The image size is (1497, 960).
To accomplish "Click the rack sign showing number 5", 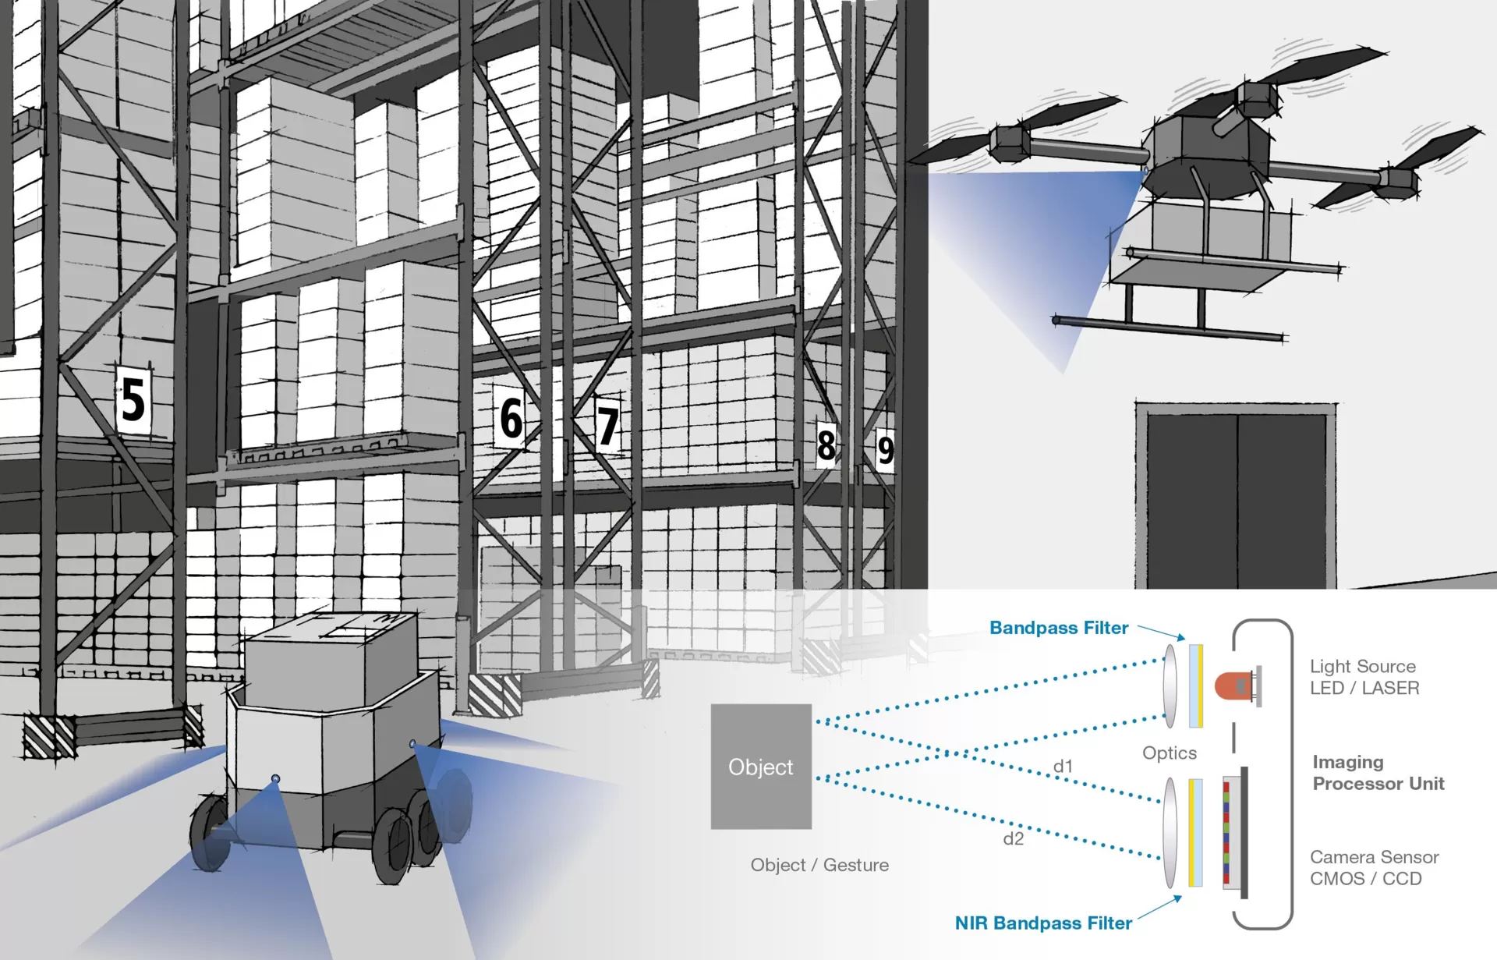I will click(133, 399).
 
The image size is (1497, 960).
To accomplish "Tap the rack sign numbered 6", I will click(511, 418).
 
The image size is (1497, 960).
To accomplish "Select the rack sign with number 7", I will click(607, 425).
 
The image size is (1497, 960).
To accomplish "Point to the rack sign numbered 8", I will click(826, 445).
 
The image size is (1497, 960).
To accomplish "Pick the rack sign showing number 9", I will click(885, 450).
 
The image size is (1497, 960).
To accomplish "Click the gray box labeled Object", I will click(761, 767).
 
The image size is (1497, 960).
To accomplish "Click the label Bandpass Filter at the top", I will click(1059, 628).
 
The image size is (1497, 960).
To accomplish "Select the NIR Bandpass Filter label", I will click(1043, 923).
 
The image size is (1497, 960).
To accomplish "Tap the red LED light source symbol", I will click(1233, 685).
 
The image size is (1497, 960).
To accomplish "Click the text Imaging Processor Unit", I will click(1378, 773).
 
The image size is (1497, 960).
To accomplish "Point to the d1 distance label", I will click(1063, 767).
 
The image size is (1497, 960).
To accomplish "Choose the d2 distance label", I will click(1013, 839).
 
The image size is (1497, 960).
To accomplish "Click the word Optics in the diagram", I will click(1169, 753).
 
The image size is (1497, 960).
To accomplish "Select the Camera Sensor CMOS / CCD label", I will click(1374, 868).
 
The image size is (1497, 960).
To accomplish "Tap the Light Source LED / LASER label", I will click(1364, 677).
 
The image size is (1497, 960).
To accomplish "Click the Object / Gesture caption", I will click(819, 865).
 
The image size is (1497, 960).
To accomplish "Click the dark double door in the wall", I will click(1236, 499).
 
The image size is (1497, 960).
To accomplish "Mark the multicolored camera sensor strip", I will click(1226, 832).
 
